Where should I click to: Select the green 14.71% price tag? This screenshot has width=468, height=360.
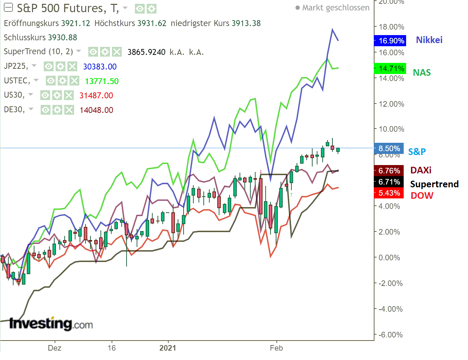390,69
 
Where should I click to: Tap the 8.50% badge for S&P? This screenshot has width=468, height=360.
389,149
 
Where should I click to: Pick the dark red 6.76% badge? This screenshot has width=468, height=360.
389,171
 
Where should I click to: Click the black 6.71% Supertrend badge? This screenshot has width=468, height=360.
389,182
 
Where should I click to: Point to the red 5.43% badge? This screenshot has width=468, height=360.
389,193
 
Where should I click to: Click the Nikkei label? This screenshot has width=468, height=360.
429,40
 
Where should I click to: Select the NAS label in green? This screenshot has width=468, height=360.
422,73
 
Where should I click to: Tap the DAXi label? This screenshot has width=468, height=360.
421,170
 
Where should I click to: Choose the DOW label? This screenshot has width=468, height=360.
422,196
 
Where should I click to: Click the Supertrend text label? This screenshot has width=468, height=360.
434,184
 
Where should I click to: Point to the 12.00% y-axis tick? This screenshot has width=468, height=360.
392,104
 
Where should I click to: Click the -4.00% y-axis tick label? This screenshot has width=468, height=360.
390,309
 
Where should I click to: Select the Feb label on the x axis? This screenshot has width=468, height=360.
276,348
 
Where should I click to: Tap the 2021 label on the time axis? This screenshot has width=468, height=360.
168,348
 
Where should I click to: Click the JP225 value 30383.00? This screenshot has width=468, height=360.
100,67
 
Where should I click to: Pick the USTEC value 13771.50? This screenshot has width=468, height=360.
102,81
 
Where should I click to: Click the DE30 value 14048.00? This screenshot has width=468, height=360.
96,110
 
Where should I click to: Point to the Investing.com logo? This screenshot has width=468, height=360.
51,324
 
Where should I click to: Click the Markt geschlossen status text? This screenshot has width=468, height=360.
335,8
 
